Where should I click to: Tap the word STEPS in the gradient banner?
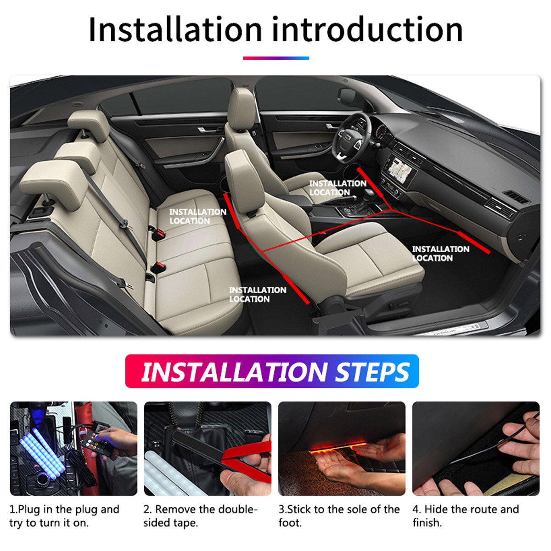tap(372, 372)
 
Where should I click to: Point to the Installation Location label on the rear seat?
tap(197, 216)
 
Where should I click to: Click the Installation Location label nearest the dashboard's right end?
tap(440, 253)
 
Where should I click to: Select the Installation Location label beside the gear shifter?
tap(337, 188)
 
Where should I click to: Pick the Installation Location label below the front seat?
tap(257, 294)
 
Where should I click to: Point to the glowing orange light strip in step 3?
tap(337, 448)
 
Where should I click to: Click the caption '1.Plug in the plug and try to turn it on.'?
tap(64, 516)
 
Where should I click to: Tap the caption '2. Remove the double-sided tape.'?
tap(200, 516)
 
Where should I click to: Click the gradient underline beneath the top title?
tap(276, 58)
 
